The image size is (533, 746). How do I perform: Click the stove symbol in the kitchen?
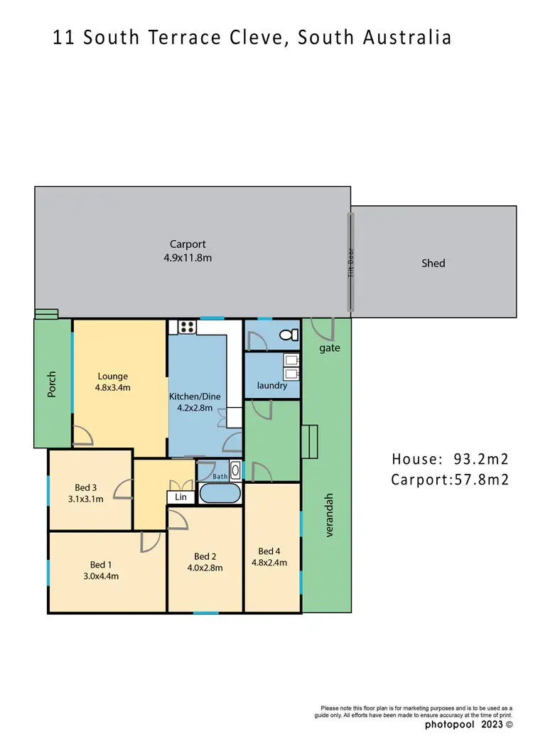[187, 327]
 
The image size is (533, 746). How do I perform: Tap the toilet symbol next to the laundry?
[288, 335]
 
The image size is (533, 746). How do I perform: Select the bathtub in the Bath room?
[220, 494]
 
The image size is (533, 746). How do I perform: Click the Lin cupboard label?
[181, 497]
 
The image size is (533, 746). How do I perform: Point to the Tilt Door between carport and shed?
[350, 263]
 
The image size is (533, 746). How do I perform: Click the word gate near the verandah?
[330, 348]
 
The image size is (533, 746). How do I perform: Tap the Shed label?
[433, 263]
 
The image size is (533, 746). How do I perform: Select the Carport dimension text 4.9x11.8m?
[188, 258]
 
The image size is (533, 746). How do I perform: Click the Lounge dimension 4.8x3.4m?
[112, 388]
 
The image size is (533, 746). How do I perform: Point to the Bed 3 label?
[85, 487]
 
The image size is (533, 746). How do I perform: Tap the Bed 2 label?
[205, 556]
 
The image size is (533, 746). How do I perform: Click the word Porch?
[52, 384]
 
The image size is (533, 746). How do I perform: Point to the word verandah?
[329, 515]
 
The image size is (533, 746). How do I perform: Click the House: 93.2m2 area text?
[450, 458]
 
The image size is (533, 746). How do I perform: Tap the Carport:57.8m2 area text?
[450, 480]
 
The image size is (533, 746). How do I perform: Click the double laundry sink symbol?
[291, 366]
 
